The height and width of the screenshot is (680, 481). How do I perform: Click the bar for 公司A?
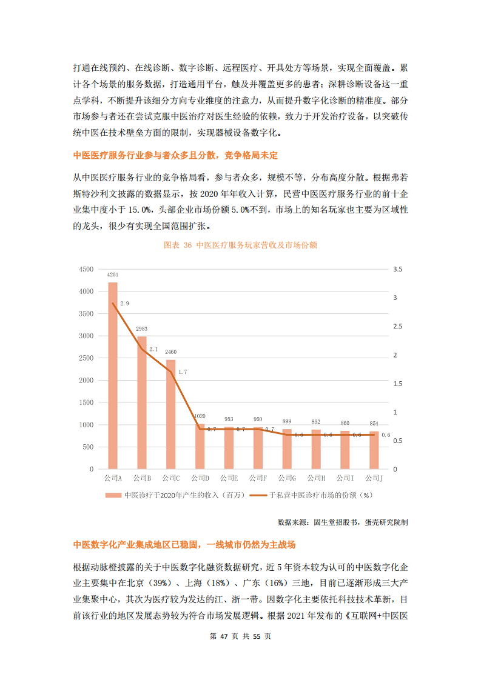(113, 376)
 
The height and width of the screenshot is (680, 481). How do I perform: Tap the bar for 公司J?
(374, 450)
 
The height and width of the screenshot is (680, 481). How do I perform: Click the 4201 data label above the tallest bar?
(113, 275)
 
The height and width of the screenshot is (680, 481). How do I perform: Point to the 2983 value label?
(141, 329)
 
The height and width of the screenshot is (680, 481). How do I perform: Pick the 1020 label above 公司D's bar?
(200, 416)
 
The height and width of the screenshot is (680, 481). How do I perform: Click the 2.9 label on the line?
(124, 303)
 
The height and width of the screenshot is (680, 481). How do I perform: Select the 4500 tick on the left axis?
(87, 269)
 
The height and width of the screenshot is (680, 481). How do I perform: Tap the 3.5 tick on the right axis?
(398, 269)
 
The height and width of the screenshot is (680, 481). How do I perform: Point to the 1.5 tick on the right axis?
(398, 384)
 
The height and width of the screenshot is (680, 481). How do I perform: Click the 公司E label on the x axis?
(229, 479)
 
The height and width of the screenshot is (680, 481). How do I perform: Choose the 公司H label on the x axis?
(316, 479)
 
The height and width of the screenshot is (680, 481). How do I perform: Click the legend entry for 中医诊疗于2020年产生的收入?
(175, 495)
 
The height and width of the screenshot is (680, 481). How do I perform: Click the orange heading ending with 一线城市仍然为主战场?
(184, 545)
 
